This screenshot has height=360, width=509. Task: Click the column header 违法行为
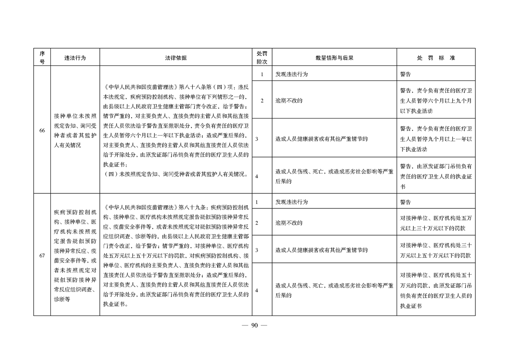point(74,58)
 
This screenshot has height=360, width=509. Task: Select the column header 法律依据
point(176,58)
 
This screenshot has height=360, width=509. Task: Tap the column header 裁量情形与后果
point(334,58)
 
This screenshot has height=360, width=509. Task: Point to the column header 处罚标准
point(436,58)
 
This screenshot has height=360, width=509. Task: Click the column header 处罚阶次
point(262,58)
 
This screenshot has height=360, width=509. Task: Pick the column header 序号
point(42,58)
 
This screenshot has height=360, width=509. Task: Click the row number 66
point(42,130)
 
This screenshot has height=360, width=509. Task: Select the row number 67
point(42,256)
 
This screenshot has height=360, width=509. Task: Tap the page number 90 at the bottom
point(254,325)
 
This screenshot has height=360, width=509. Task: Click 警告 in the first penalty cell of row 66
point(406,74)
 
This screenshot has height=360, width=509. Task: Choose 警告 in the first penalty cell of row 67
point(406,202)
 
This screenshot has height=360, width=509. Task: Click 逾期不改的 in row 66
point(289,100)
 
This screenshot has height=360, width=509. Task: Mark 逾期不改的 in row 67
point(289,223)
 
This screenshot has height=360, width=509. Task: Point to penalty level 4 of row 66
point(257,176)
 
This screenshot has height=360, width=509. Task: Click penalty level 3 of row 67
point(257,250)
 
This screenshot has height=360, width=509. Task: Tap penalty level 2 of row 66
point(262,100)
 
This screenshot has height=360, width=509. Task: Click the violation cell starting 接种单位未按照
point(74,130)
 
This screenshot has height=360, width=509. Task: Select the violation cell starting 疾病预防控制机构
point(74,256)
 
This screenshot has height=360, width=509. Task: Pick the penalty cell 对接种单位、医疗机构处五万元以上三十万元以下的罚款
point(436,223)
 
